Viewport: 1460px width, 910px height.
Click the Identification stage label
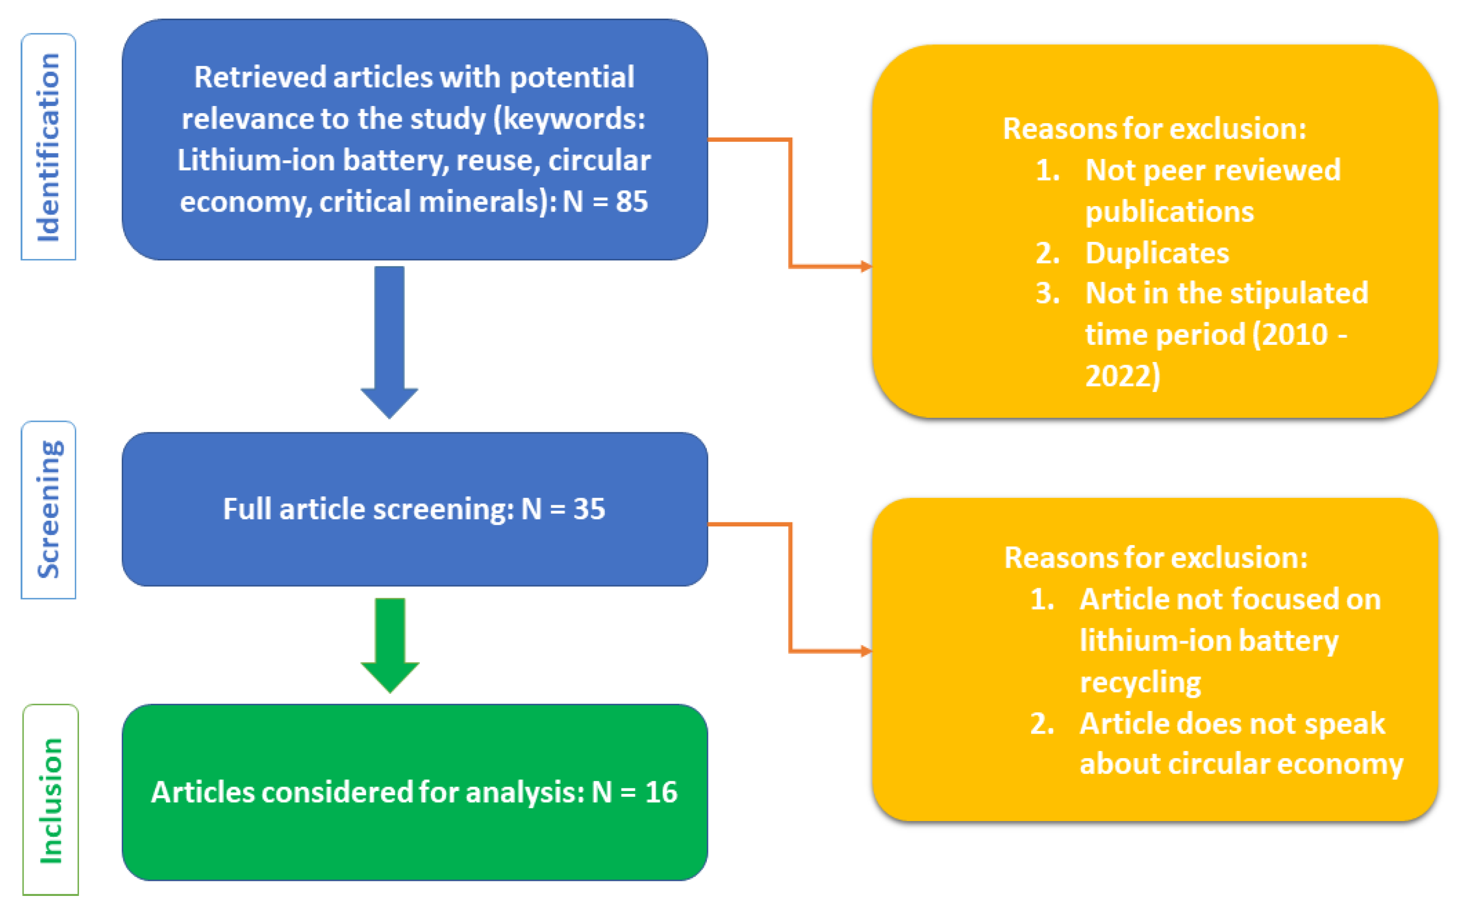(48, 147)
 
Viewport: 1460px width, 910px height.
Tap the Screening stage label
(48, 509)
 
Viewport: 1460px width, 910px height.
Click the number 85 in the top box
(631, 201)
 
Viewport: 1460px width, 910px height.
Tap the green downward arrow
(390, 644)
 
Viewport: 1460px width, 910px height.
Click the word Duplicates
(1157, 253)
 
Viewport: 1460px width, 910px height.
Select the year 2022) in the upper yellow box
(1122, 376)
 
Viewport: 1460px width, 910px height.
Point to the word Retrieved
(260, 77)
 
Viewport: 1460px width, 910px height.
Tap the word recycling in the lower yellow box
(1140, 683)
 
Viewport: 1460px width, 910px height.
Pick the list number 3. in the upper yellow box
(1048, 294)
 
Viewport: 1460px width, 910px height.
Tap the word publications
(1169, 212)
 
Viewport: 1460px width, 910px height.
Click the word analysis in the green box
(525, 792)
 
